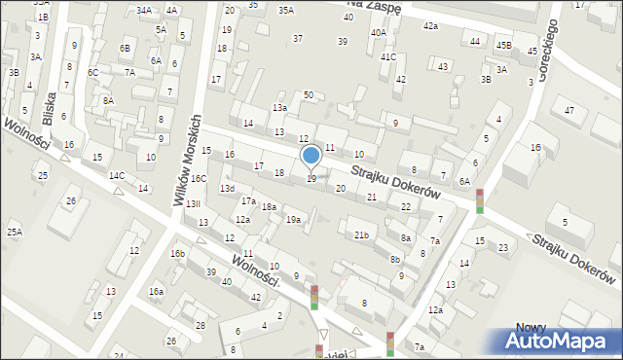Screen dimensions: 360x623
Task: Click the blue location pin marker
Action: (x=311, y=156)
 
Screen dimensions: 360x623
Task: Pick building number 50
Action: (x=308, y=94)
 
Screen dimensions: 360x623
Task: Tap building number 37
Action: (x=298, y=39)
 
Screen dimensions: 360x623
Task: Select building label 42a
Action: (x=430, y=25)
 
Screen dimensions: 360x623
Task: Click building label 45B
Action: (x=503, y=45)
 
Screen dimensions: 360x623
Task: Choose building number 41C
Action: (x=388, y=57)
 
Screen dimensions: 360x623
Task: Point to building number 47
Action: (x=569, y=111)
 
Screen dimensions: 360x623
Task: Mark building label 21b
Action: (x=361, y=235)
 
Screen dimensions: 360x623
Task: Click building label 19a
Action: (x=292, y=220)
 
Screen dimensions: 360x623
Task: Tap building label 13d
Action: (x=227, y=188)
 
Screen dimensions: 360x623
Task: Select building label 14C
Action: (x=117, y=176)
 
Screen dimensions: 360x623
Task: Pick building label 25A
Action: (x=15, y=232)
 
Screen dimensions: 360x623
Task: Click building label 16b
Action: (x=177, y=254)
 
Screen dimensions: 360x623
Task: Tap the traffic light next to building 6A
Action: (x=479, y=200)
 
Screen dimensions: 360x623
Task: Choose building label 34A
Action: (x=144, y=10)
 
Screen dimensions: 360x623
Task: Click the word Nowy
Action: (x=531, y=328)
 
